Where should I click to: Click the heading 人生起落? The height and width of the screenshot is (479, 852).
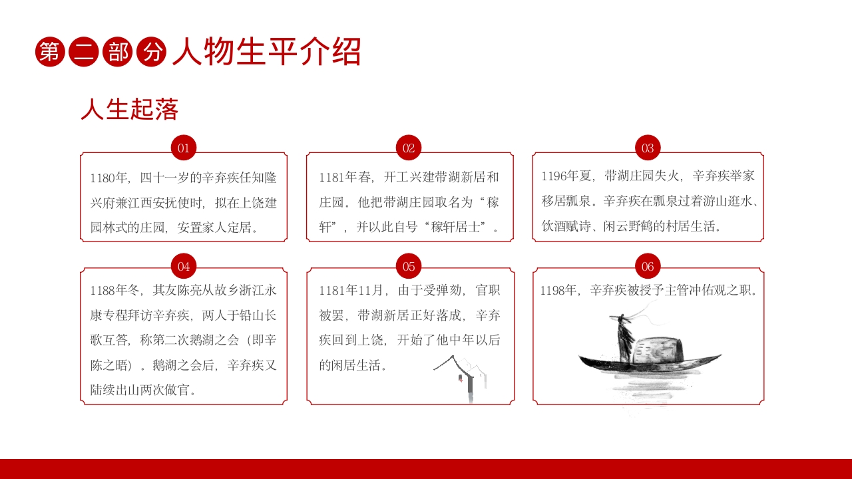click(129, 110)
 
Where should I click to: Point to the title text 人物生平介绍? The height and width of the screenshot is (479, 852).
click(266, 52)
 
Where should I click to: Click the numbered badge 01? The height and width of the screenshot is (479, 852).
click(184, 148)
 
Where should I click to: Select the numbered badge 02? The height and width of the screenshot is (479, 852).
click(409, 148)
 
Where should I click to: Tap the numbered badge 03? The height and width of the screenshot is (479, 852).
click(648, 148)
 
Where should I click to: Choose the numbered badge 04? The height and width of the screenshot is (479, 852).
click(184, 267)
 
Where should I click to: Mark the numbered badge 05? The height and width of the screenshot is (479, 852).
click(409, 267)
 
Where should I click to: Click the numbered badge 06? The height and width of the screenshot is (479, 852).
click(648, 267)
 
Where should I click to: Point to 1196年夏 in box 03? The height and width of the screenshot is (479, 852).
click(566, 176)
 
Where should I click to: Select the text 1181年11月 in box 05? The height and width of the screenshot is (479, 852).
click(353, 290)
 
